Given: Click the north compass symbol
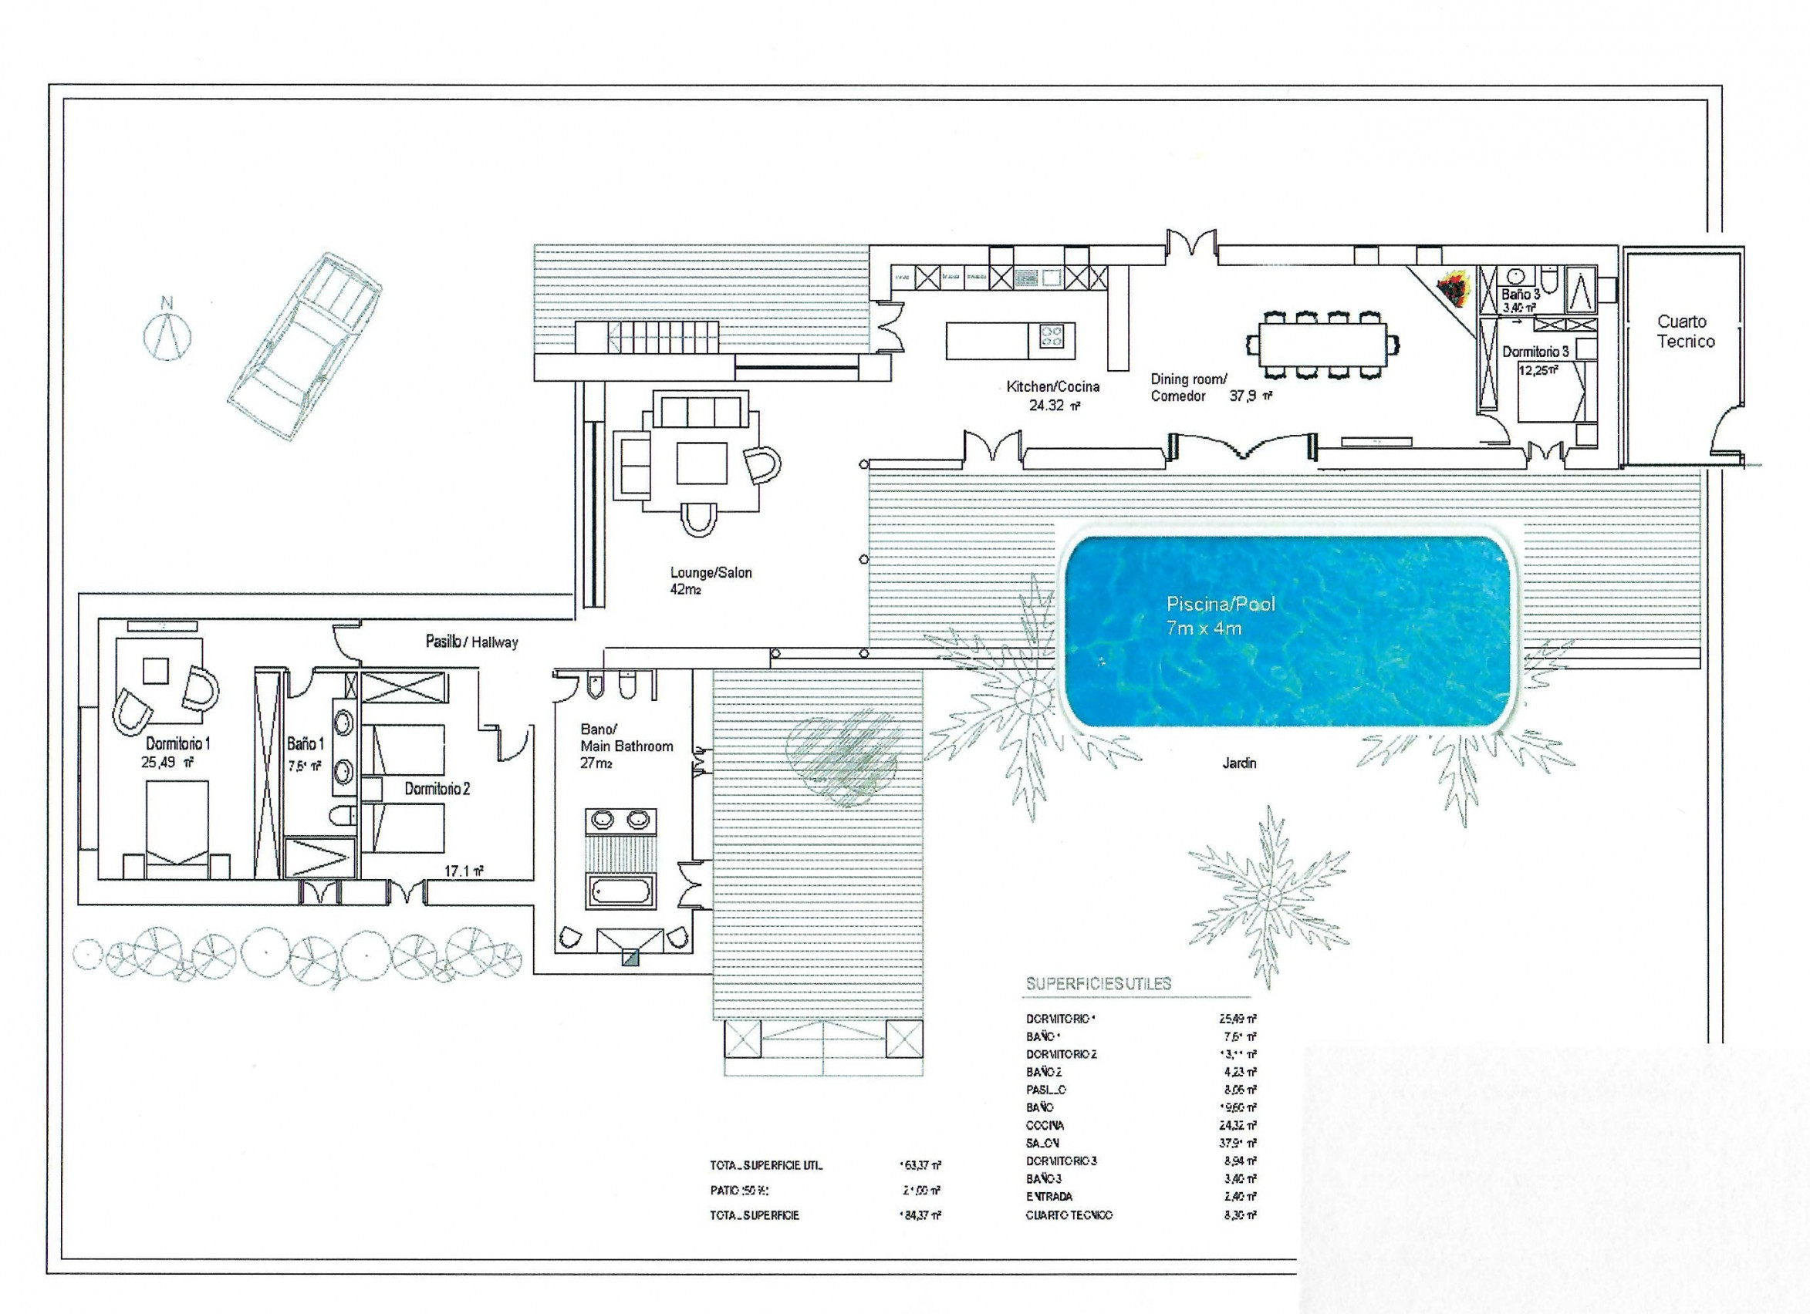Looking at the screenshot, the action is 167,333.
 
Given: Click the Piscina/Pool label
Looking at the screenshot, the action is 1221,604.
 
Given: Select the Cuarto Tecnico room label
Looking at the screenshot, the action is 1685,331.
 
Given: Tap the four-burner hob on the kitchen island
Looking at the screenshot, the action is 1051,336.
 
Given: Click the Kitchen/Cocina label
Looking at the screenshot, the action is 1052,387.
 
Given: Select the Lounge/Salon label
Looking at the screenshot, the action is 711,572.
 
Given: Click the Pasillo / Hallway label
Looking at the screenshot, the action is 471,642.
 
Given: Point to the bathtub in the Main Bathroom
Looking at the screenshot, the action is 620,890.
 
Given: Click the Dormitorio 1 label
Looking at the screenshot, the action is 178,743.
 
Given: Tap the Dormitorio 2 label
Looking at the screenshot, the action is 437,788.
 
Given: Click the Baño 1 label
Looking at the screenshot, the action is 305,743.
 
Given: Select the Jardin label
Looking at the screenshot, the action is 1239,763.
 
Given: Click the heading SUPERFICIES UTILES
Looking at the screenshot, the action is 1098,984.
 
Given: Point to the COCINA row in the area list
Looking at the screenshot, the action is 1045,1125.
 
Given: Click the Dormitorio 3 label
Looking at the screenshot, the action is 1535,351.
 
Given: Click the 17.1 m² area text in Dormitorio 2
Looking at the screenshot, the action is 464,871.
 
